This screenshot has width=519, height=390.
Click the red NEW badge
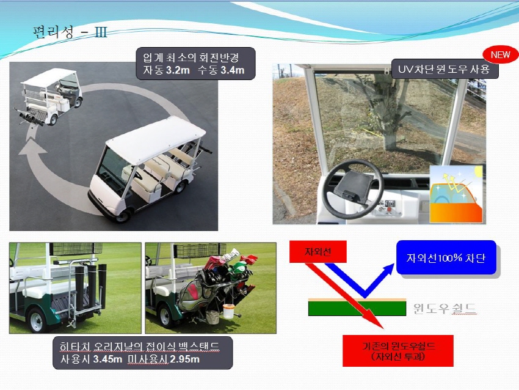tap(500, 54)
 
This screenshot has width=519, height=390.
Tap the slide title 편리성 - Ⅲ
tap(70, 32)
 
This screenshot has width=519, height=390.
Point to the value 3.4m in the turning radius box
tap(233, 70)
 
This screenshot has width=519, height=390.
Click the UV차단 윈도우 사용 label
tap(444, 69)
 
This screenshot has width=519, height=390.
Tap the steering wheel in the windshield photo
tap(353, 189)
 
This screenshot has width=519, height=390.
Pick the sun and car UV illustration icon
tap(456, 194)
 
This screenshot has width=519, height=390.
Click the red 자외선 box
tap(318, 251)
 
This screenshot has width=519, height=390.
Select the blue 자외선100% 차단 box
tap(446, 258)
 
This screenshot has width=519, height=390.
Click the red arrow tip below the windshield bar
tap(383, 328)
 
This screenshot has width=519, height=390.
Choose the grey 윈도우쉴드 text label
tap(445, 309)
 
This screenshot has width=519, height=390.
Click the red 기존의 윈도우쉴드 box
tap(398, 351)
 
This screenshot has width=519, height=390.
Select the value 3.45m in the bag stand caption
tap(107, 359)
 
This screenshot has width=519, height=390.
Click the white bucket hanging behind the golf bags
tap(229, 312)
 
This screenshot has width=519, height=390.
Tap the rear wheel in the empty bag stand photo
tap(37, 320)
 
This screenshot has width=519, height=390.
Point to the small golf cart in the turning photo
tap(49, 97)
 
